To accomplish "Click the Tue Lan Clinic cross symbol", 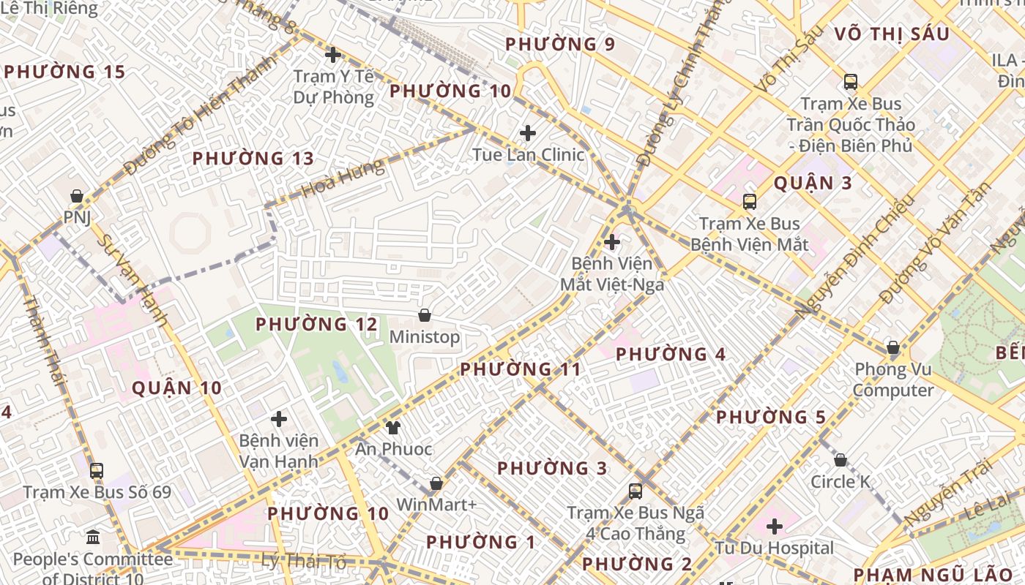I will pyautogui.click(x=527, y=133).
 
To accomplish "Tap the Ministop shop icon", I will pyautogui.click(x=424, y=315).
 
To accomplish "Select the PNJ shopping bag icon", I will pyautogui.click(x=76, y=196).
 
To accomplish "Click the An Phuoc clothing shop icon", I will pyautogui.click(x=393, y=427).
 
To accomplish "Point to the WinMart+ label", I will pyautogui.click(x=436, y=505).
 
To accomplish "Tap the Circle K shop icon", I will pyautogui.click(x=840, y=460).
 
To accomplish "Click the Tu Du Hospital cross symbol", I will pyautogui.click(x=775, y=526).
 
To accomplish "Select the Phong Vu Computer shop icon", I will pyautogui.click(x=892, y=347).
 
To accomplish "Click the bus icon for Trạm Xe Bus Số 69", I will pyautogui.click(x=97, y=470).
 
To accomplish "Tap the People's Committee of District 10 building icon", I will pyautogui.click(x=93, y=538).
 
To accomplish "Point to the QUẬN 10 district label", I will pyautogui.click(x=176, y=388).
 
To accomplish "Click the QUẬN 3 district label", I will pyautogui.click(x=813, y=183).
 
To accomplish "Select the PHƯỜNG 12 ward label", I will pyautogui.click(x=316, y=324).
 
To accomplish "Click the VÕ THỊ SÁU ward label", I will pyautogui.click(x=891, y=34).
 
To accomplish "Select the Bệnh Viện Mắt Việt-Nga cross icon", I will pyautogui.click(x=611, y=242).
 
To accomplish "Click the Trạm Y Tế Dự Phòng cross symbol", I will pyautogui.click(x=333, y=54).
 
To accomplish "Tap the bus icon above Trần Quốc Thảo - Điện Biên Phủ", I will pyautogui.click(x=850, y=82).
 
